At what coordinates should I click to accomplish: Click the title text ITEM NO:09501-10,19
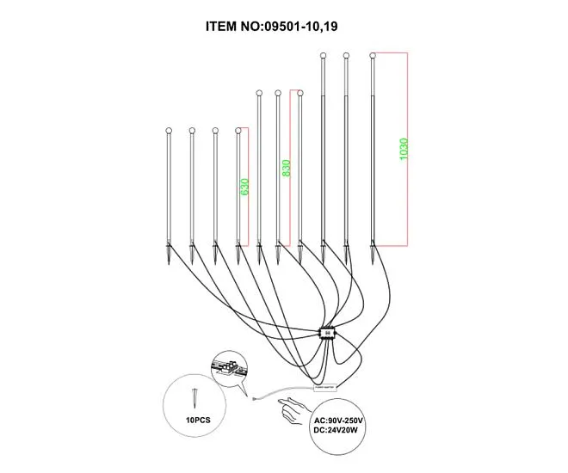click(283, 26)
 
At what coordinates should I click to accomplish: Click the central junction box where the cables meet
click(326, 333)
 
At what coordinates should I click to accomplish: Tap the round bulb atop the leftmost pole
click(169, 132)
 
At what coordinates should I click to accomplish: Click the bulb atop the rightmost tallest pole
click(372, 57)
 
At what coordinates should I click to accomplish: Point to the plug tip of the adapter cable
click(254, 398)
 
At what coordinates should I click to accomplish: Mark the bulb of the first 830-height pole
click(258, 93)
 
